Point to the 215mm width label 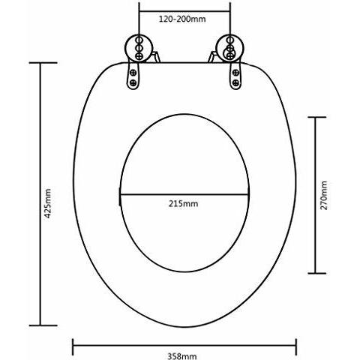coord(184,203)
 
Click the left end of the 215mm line coord(121,194)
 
